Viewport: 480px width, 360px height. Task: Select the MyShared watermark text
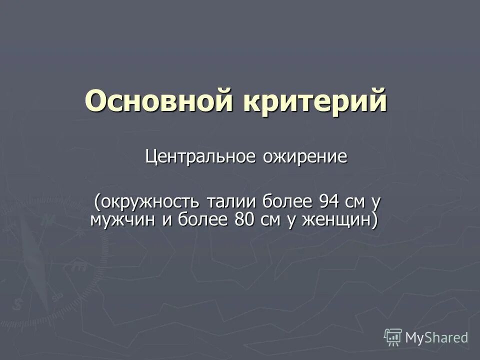click(436, 337)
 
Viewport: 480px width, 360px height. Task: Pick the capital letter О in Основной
click(95, 101)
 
